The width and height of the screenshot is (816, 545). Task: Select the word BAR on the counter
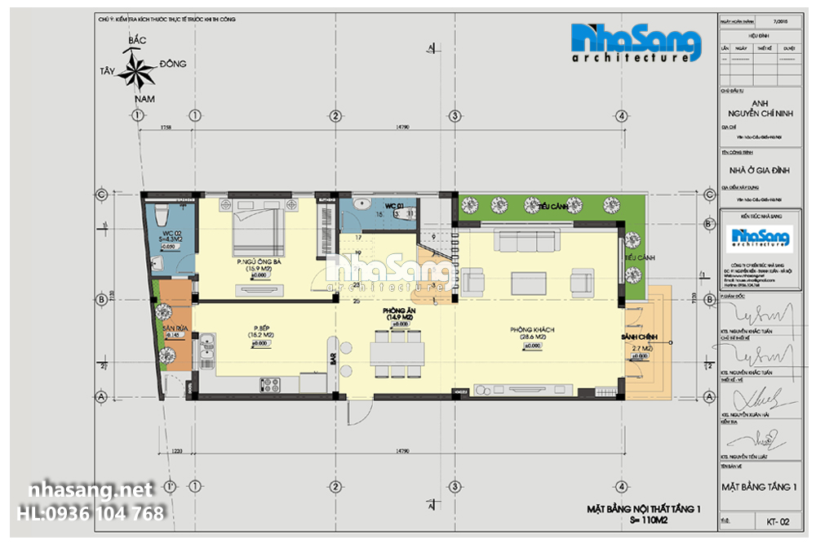332,359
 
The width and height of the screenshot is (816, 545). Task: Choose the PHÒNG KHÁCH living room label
532,330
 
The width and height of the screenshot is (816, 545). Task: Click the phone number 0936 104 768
91,514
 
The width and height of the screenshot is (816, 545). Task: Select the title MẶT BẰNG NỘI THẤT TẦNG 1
644,509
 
